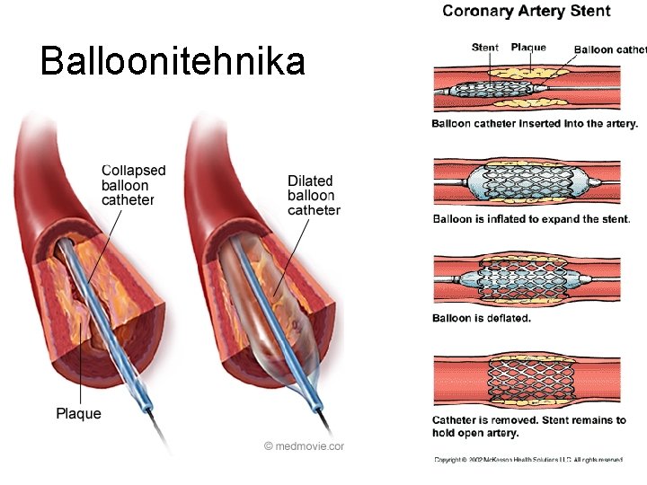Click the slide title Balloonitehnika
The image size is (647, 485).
coord(173,62)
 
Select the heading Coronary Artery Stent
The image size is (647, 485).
coord(527,12)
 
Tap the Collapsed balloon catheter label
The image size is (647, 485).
coord(133,185)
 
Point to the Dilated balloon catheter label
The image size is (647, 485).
coord(314,196)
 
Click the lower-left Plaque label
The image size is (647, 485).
coord(78,414)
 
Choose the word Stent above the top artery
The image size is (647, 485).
coord(485,48)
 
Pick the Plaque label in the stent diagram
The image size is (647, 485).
coord(528,48)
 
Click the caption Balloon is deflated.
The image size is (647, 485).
coord(482,318)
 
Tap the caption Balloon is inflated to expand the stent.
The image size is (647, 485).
coord(531,218)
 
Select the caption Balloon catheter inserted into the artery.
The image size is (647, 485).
coord(535,124)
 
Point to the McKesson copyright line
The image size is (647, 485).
coord(527,460)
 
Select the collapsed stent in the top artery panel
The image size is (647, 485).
coord(492,90)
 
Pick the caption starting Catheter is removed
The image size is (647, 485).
coord(529,426)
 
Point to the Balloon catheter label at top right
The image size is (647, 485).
coord(610,49)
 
